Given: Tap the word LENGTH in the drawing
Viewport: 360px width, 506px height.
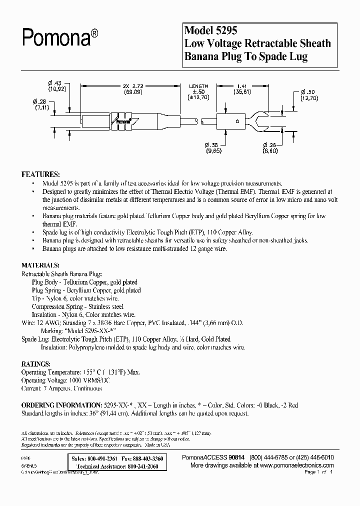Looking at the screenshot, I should [x=198, y=86].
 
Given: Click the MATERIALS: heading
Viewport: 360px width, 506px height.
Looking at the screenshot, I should [x=41, y=265].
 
